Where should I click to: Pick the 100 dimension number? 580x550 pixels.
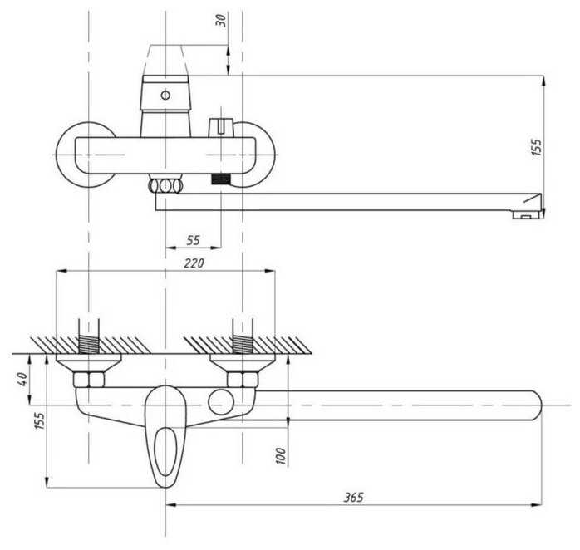point(282,455)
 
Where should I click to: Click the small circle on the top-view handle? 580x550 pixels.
point(165,96)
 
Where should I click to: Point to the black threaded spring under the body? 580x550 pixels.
point(221,179)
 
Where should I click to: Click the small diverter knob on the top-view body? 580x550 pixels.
point(220,126)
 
